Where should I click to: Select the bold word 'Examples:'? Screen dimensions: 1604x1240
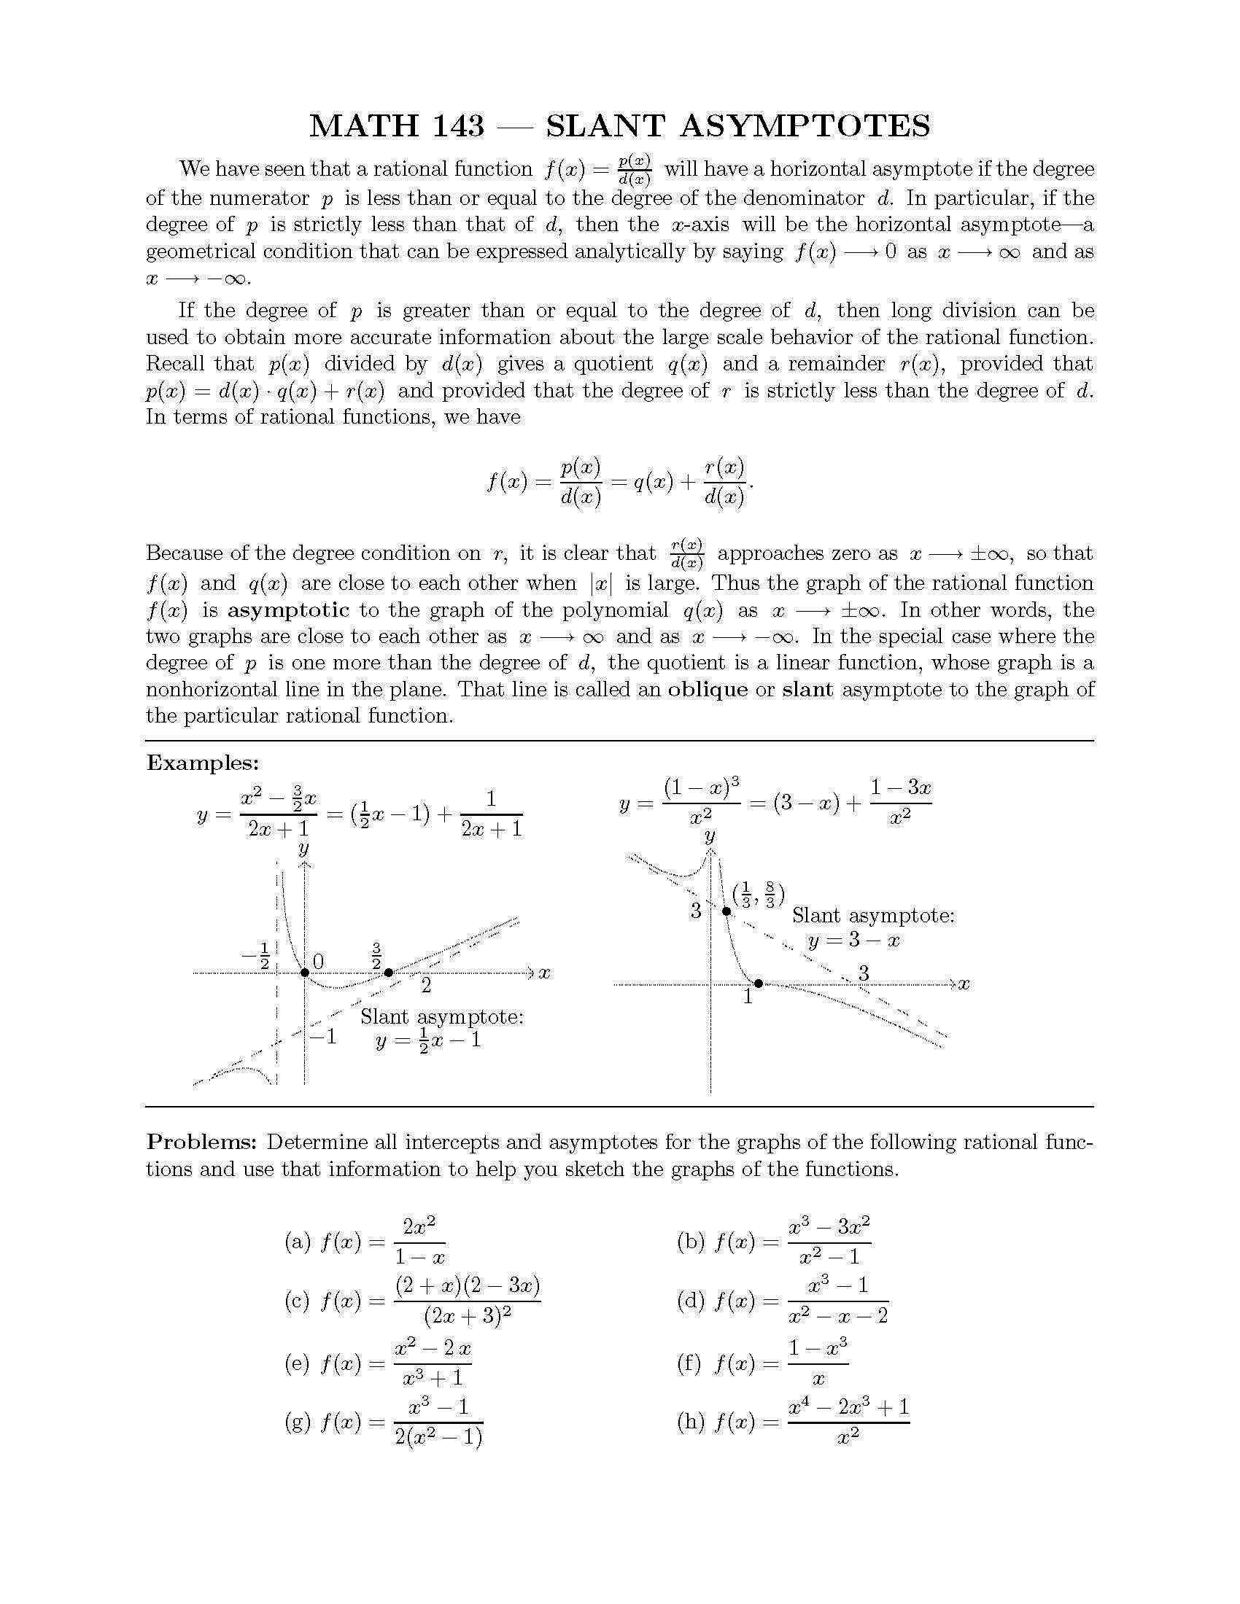click(x=203, y=763)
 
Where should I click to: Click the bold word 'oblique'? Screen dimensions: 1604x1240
click(x=708, y=690)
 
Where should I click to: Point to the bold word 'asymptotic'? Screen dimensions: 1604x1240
click(x=288, y=610)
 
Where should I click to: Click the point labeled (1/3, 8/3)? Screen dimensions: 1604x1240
click(x=726, y=911)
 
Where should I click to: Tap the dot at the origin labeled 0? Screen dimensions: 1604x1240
click(x=305, y=973)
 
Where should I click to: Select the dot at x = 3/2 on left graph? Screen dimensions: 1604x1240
click(x=389, y=973)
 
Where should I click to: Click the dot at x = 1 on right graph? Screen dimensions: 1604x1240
click(x=759, y=983)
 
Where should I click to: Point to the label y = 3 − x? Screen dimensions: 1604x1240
click(x=853, y=941)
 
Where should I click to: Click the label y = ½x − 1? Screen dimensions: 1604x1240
click(x=427, y=1040)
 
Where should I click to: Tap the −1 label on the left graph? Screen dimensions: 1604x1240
click(x=322, y=1037)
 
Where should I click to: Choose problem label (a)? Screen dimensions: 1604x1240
click(x=298, y=1242)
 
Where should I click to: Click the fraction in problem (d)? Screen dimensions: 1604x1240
click(x=837, y=1301)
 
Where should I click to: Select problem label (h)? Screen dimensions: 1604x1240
click(x=691, y=1422)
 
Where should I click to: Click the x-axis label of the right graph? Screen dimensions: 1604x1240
click(x=964, y=984)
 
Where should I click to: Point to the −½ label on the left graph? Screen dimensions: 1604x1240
click(x=257, y=955)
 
